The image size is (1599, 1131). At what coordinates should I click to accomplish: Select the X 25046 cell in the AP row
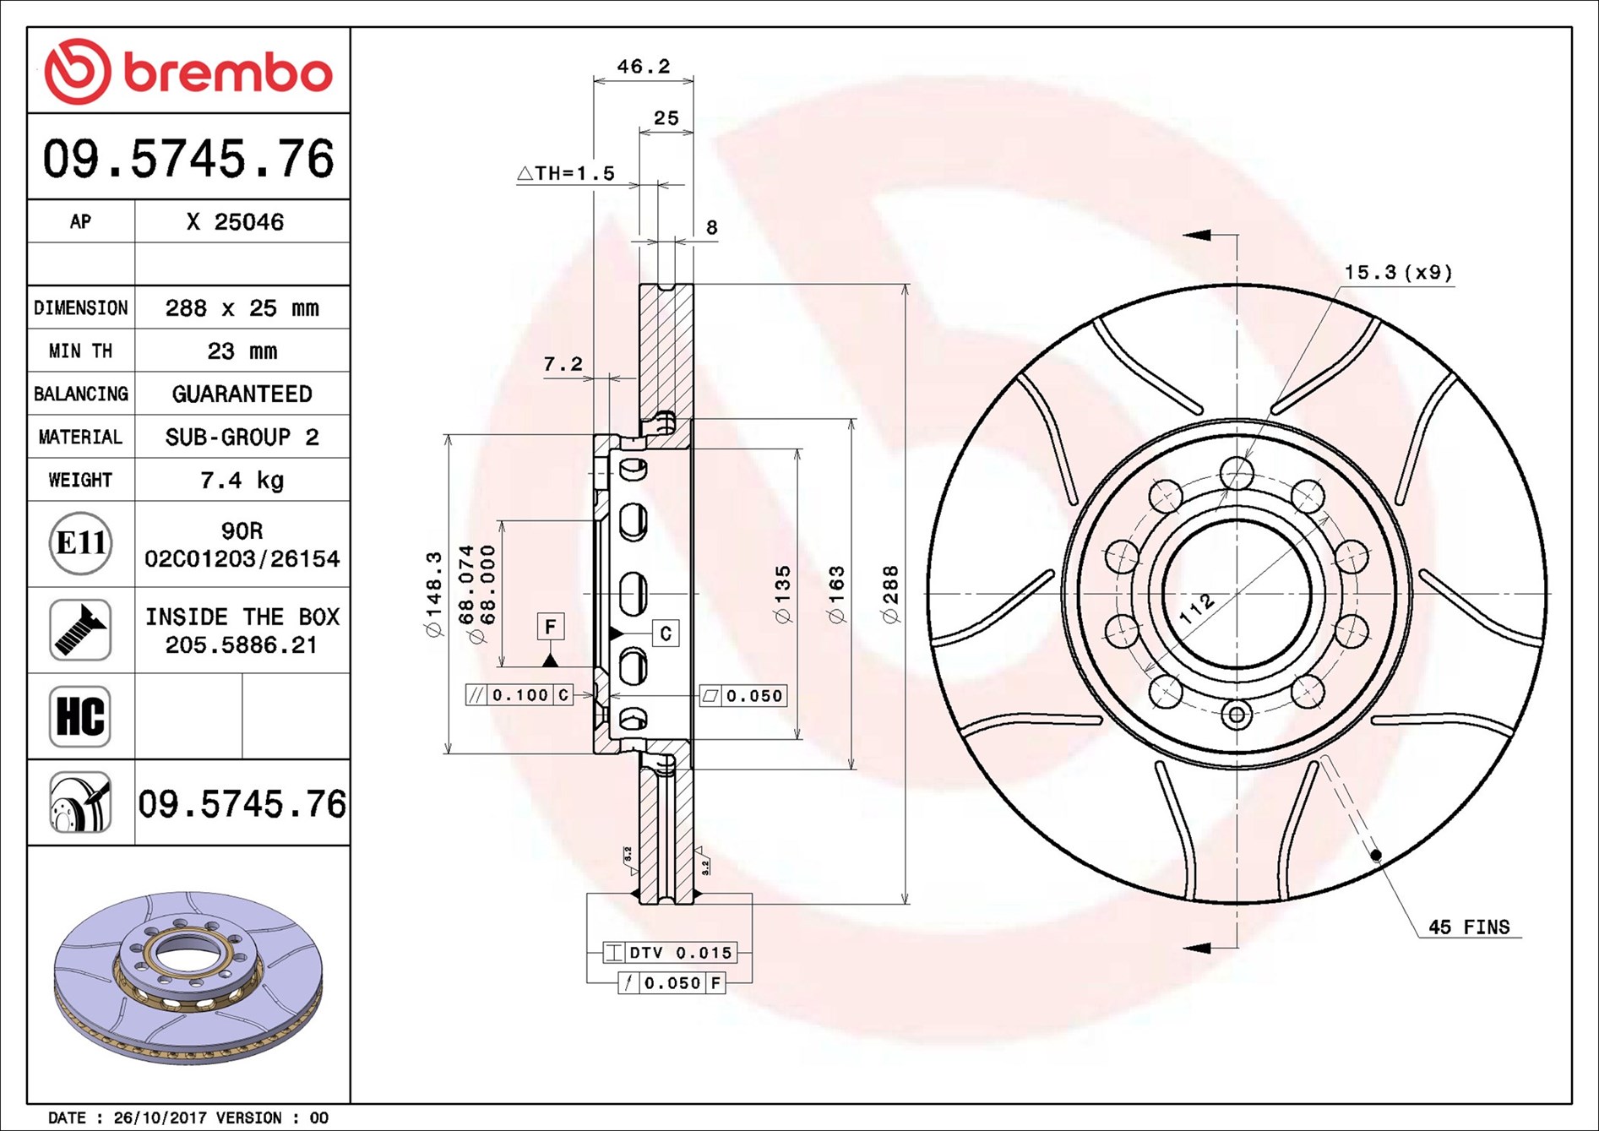[x=235, y=222]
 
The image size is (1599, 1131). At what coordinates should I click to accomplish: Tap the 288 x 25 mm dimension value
[x=242, y=308]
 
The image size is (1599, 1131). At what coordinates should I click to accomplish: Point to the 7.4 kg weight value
[x=242, y=481]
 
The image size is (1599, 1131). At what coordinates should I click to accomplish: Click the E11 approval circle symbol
[x=80, y=543]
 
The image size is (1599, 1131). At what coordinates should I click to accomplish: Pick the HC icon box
[x=80, y=716]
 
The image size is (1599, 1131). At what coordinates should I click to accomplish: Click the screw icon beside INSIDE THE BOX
[x=80, y=630]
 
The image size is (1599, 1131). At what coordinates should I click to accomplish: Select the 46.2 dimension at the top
[x=643, y=66]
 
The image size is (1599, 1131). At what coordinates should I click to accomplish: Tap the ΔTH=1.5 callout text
[x=566, y=174]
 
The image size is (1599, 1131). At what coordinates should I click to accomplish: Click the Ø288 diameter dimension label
[x=891, y=595]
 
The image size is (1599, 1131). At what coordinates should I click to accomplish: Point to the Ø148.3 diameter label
[x=434, y=595]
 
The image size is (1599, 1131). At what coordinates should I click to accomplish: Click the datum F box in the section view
[x=550, y=627]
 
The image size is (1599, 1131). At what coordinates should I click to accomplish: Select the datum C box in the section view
[x=666, y=633]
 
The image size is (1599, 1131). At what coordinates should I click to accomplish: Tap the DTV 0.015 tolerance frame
[x=670, y=953]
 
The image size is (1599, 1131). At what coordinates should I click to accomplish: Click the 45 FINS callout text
[x=1468, y=927]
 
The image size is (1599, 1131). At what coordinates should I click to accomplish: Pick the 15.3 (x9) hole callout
[x=1398, y=273]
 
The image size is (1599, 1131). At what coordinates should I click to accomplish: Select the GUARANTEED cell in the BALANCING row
[x=242, y=394]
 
